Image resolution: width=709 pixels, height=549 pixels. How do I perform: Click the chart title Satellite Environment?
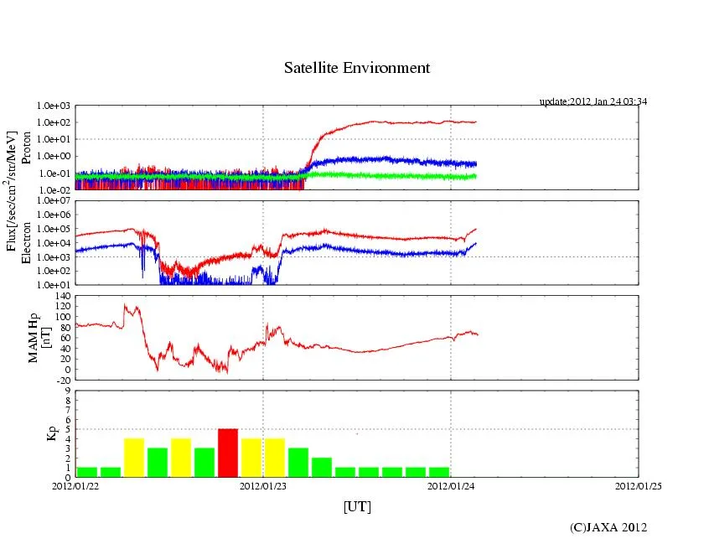coord(356,68)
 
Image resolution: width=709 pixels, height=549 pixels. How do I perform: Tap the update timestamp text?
coord(593,101)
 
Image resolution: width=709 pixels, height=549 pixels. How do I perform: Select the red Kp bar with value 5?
coord(228,453)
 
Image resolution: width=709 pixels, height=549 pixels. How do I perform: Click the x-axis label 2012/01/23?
coord(263,484)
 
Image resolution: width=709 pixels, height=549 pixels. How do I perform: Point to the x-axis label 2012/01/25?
coord(639,484)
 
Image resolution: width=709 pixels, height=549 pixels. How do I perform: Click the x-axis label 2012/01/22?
coord(75,484)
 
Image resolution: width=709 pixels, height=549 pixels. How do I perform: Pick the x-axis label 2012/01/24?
coord(451,484)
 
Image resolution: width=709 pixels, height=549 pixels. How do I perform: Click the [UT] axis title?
coord(357,506)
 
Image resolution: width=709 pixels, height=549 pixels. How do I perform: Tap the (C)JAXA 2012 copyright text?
coord(608,527)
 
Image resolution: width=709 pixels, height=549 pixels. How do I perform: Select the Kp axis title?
coord(49,433)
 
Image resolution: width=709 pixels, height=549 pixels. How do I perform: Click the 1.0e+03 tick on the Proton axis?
coord(53,106)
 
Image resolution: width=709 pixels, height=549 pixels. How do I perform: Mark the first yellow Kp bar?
coord(134,458)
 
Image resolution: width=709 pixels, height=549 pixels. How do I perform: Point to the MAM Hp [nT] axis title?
coord(40,338)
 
